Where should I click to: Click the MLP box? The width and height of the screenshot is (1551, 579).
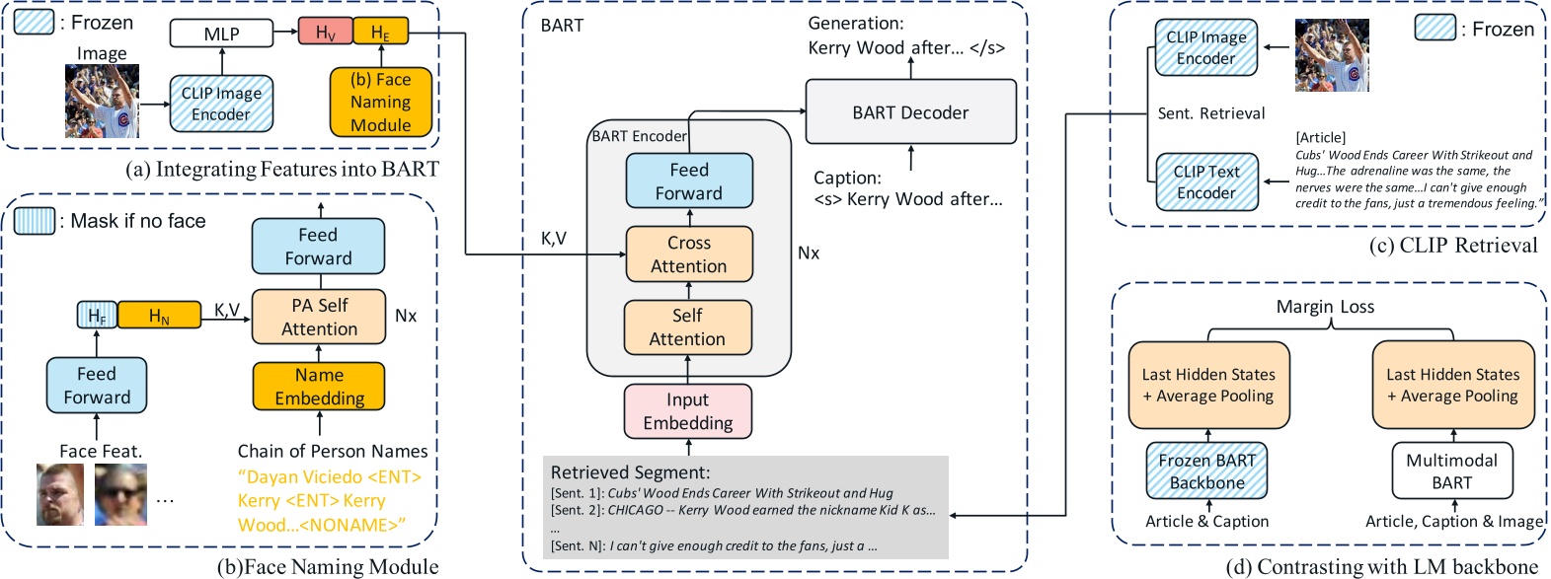coord(221,35)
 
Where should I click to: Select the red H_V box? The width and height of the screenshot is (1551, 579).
coord(325,33)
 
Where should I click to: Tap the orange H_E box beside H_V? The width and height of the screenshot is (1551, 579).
coord(380,33)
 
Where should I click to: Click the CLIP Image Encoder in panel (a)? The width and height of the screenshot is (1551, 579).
coord(221,104)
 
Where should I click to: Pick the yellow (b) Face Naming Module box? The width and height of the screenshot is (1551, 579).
coord(380,102)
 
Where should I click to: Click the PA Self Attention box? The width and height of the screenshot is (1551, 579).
coord(319,317)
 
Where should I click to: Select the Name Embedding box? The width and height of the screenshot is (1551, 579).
coord(319,387)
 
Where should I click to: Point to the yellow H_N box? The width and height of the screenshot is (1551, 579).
coord(159,316)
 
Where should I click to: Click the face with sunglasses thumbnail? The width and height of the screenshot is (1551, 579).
coord(120,494)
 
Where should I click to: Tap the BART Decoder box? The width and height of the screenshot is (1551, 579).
coord(910,112)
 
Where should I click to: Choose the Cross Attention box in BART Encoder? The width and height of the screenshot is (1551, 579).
coord(689,254)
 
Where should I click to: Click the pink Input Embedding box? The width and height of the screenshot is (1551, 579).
coord(687,411)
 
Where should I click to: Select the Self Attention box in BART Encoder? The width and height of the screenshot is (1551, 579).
coord(687,327)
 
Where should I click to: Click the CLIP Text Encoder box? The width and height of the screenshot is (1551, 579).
coord(1206,181)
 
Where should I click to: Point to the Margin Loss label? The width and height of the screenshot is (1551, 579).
coord(1325,307)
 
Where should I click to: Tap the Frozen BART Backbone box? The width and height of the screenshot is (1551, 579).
coord(1206,471)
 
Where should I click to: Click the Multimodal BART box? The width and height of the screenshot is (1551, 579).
coord(1451,471)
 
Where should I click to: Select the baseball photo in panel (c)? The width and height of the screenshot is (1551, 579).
coord(1332,56)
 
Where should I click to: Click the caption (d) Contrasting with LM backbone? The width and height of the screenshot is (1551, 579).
coord(1381,567)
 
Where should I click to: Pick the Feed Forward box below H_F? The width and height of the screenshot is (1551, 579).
coord(97,386)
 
